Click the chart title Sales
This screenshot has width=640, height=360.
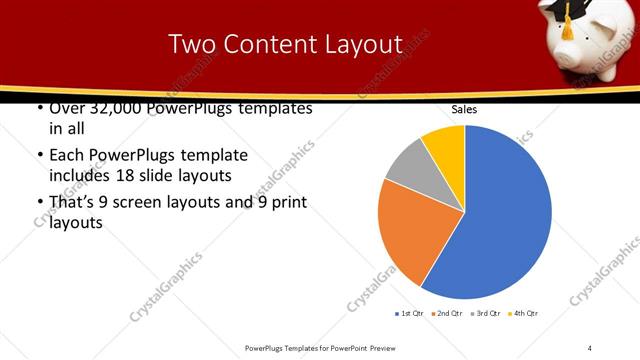point(464,109)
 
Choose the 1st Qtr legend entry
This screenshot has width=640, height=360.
point(409,314)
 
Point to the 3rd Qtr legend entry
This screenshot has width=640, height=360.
point(484,314)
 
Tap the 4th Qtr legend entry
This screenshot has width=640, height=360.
point(523,314)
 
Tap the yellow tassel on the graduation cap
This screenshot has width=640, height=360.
point(567,27)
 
